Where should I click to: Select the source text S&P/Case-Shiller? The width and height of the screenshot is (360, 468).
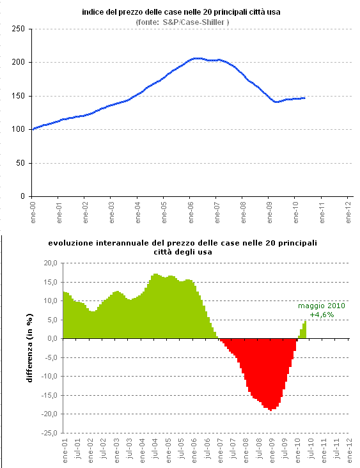point(182,22)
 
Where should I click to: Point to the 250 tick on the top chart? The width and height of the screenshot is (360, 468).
point(18,29)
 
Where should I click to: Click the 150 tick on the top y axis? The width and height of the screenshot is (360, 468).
point(18,96)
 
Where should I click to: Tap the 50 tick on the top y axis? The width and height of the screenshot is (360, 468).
point(20,163)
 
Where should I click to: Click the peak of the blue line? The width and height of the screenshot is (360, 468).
point(197,58)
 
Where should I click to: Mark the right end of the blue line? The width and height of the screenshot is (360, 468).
point(304,98)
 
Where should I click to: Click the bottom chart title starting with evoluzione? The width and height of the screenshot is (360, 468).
point(182,247)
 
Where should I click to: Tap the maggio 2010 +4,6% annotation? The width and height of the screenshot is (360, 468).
point(322,310)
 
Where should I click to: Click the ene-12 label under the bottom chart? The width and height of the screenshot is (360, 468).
point(349,449)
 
